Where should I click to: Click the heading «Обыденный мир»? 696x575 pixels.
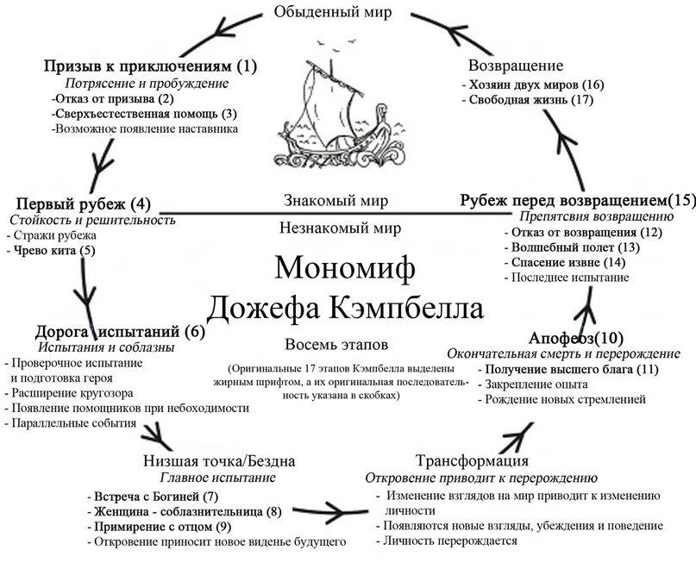(345, 11)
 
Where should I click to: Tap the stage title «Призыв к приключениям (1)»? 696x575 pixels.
(150, 66)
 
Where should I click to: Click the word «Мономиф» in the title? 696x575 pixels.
(345, 267)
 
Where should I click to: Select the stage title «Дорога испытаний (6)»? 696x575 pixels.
(120, 331)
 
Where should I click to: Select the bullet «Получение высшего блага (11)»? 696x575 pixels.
(572, 369)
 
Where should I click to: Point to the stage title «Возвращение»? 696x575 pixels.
(515, 66)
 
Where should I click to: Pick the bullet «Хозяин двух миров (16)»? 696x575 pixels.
(535, 84)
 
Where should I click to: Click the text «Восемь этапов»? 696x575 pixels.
(329, 344)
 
